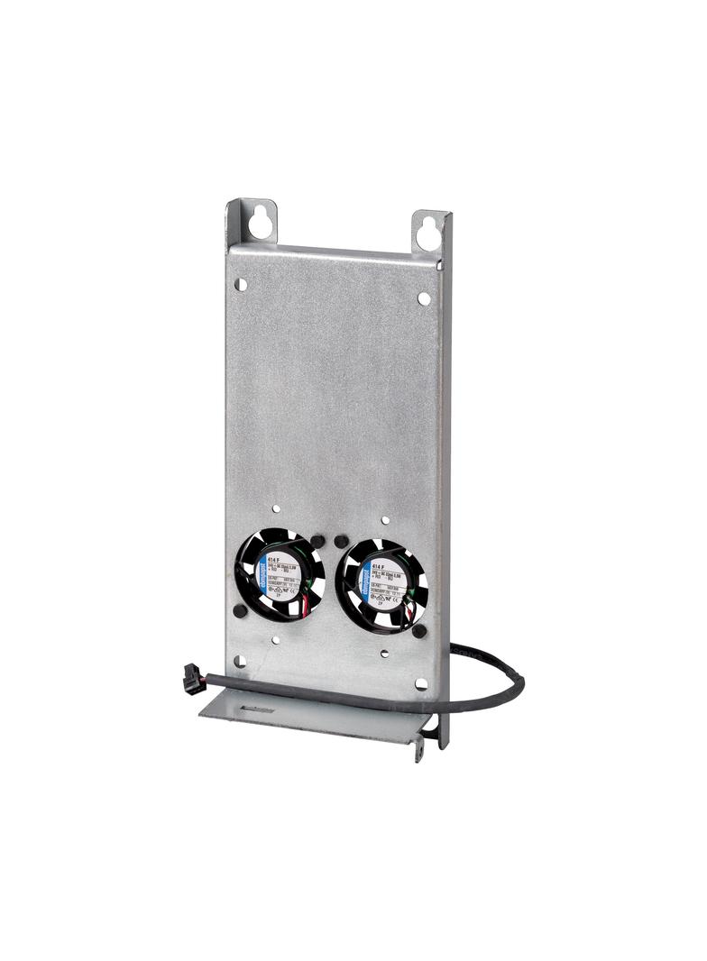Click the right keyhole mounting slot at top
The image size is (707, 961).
click(428, 231)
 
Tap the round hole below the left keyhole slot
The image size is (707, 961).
click(241, 284)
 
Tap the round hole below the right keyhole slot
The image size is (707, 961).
click(423, 297)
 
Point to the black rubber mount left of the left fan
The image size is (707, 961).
click(239, 610)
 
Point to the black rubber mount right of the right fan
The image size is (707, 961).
click(419, 630)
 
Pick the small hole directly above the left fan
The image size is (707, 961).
click(276, 509)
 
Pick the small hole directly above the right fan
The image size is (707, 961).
click(385, 520)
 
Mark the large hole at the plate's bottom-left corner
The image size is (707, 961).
click(239, 663)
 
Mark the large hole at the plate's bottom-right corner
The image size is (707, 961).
click(421, 684)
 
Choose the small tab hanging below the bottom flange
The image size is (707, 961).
click(418, 749)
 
